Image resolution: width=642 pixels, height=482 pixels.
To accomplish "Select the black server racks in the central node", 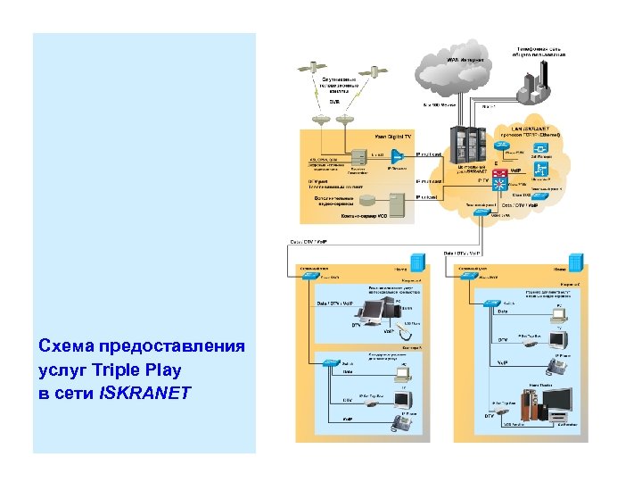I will pyautogui.click(x=469, y=142).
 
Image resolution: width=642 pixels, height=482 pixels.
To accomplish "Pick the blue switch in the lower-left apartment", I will pyautogui.click(x=331, y=363).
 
